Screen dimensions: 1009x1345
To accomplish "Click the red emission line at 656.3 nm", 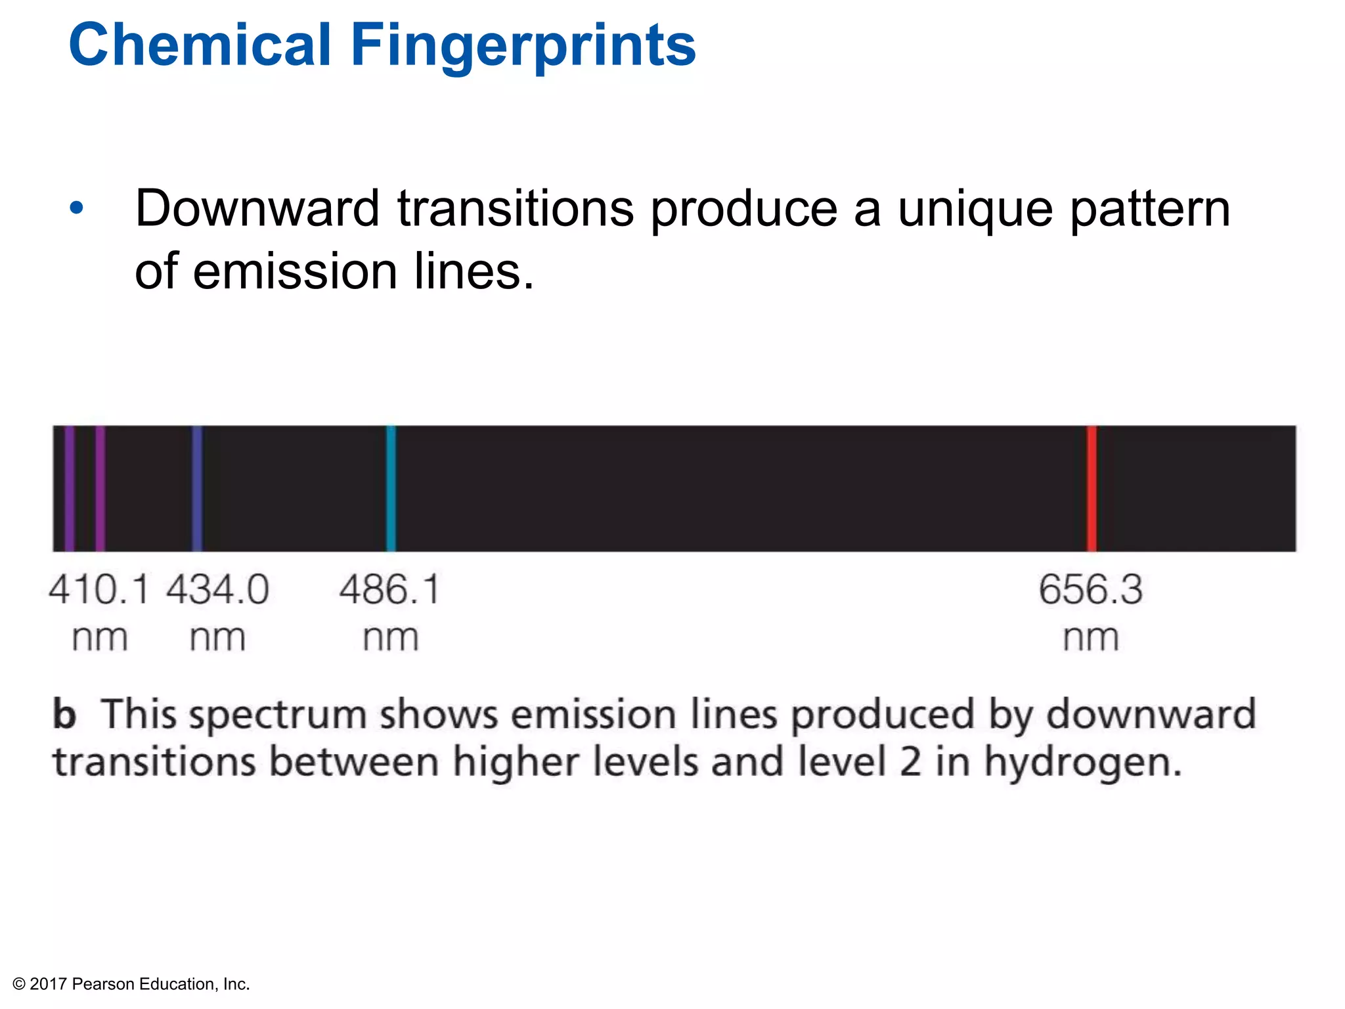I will click(1091, 489).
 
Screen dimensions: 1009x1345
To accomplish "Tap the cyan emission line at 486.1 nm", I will click(391, 489).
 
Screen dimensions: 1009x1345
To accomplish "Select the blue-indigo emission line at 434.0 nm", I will click(197, 489).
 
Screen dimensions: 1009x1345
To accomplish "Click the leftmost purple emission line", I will click(70, 489).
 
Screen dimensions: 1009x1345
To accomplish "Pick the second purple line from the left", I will click(100, 489).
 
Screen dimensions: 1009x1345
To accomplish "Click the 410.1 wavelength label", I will click(99, 589).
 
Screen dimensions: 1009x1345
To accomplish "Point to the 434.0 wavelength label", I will click(217, 589).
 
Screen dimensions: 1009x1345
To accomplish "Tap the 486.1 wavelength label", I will click(389, 589).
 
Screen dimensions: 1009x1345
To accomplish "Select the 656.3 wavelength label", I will click(1091, 589).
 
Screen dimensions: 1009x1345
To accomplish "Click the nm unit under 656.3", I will click(1091, 638).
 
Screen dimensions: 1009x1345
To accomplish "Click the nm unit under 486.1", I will click(391, 638).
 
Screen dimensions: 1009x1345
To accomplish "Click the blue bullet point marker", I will click(77, 208).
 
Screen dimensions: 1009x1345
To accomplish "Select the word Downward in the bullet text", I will click(257, 208).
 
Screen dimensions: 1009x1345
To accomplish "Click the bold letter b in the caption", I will click(64, 714).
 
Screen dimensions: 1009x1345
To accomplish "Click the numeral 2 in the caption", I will click(910, 762).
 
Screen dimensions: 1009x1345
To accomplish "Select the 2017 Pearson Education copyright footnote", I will click(131, 984).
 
